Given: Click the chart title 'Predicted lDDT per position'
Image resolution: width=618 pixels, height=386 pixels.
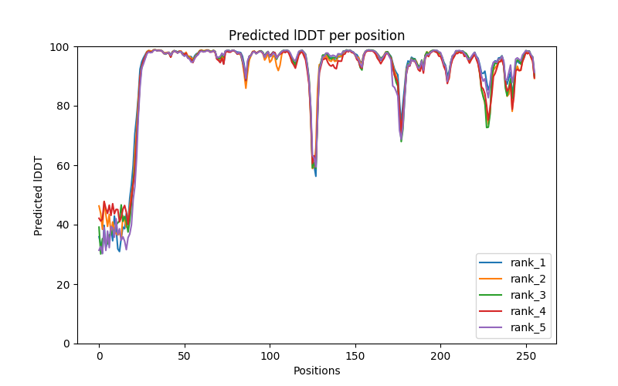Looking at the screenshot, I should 317,36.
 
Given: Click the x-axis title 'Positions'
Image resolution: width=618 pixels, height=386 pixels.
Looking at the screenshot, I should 317,371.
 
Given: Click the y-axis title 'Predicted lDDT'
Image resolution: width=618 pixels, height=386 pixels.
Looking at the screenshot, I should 39,195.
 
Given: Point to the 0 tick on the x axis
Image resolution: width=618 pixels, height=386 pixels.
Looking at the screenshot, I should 99,356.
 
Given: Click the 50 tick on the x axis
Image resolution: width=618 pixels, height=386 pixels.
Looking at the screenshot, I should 185,356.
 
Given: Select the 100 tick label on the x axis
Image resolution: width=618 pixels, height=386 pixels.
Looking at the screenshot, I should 270,356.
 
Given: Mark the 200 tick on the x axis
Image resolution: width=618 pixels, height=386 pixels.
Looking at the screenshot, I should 440,356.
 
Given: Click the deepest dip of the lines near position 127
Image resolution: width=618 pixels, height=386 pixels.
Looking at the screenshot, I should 315,176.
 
